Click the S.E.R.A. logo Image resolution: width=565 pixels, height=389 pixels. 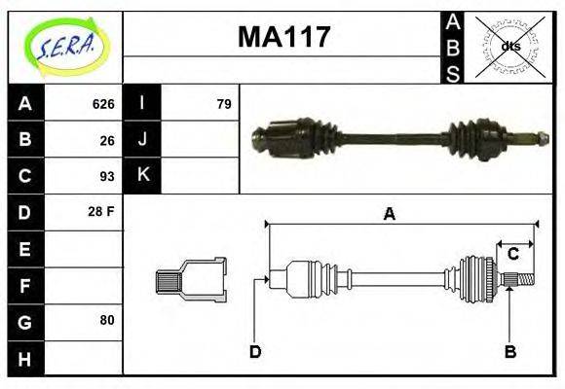tap(64, 46)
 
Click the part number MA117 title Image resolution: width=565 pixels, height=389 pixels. tap(284, 38)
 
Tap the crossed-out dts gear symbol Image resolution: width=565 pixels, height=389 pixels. tap(509, 46)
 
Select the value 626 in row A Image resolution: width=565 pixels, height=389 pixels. tap(102, 104)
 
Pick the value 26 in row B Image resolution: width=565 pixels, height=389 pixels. tap(106, 140)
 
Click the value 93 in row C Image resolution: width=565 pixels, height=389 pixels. tap(106, 176)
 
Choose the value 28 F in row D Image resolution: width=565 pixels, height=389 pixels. tap(101, 211)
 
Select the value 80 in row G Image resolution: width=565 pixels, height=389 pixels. tap(106, 319)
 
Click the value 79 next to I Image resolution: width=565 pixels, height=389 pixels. tap(223, 104)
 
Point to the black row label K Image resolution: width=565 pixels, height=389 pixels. tap(142, 176)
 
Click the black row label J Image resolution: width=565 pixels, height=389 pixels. tap(142, 140)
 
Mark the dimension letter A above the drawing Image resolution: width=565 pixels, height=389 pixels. tap(389, 215)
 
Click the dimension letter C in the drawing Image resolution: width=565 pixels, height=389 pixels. tap(512, 255)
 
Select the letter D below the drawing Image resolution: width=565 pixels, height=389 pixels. tap(254, 351)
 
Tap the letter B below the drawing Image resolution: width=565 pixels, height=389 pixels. tap(508, 351)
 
